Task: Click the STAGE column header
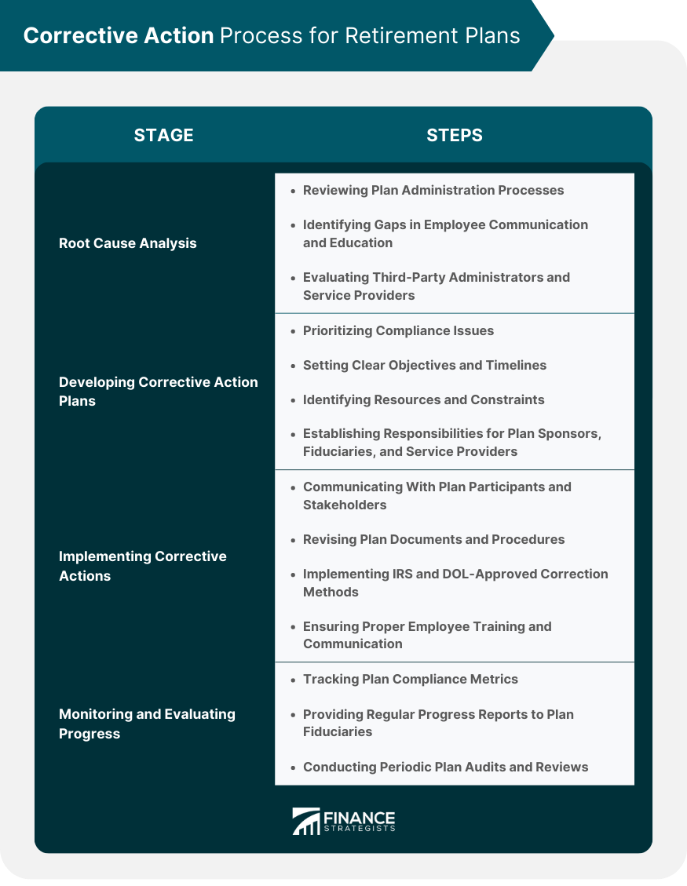(x=163, y=135)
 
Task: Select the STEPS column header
(x=455, y=135)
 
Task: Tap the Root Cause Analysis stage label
(x=128, y=243)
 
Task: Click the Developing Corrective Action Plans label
(x=158, y=392)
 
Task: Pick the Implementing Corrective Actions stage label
(x=142, y=566)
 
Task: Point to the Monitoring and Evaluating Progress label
(x=147, y=724)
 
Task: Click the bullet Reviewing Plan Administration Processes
(x=433, y=190)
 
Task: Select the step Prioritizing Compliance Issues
(x=398, y=330)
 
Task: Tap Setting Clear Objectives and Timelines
(x=424, y=365)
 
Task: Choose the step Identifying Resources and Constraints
(x=423, y=399)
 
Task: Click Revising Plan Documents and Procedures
(x=433, y=539)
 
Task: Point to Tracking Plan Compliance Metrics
(x=410, y=679)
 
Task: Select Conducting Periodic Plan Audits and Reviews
(x=445, y=767)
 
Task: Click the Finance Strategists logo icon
(x=305, y=821)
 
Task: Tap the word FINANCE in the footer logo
(x=359, y=816)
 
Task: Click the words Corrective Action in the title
(x=119, y=36)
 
